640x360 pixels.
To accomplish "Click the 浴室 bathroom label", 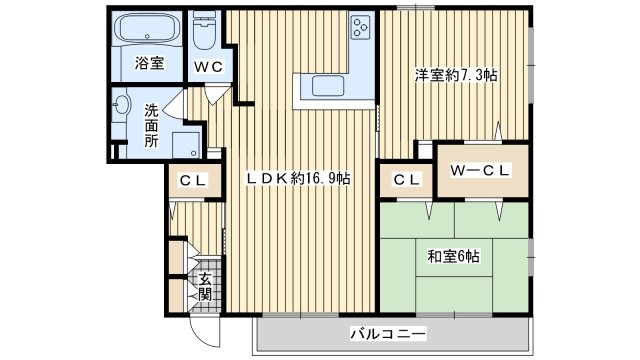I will pyautogui.click(x=147, y=66).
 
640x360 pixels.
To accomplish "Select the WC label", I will pyautogui.click(x=207, y=66).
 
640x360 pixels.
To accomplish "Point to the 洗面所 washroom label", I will pyautogui.click(x=151, y=125).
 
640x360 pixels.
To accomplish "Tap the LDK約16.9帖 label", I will pyautogui.click(x=298, y=179).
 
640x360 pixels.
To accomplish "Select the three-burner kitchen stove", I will pyautogui.click(x=362, y=28).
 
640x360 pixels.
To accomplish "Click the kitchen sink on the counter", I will pyautogui.click(x=322, y=85).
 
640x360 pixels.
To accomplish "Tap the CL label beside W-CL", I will pyautogui.click(x=405, y=180).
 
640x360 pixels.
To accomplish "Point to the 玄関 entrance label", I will pyautogui.click(x=204, y=287).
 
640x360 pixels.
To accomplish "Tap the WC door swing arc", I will pyautogui.click(x=215, y=96).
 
